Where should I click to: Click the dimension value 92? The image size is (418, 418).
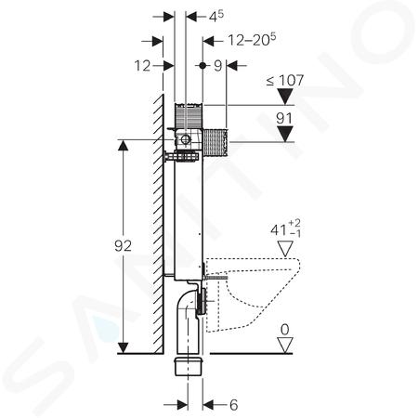[123, 246]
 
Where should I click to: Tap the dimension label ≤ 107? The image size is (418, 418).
[285, 81]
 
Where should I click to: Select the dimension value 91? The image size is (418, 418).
[284, 119]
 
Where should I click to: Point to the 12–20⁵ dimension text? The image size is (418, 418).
[252, 40]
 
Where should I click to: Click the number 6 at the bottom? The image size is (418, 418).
[234, 405]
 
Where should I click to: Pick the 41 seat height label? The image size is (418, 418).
[285, 229]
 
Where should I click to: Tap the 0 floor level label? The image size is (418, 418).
[284, 330]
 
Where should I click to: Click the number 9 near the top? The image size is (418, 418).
[218, 66]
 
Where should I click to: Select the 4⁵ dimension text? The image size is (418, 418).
[216, 17]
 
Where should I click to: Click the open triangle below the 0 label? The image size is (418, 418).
[285, 345]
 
